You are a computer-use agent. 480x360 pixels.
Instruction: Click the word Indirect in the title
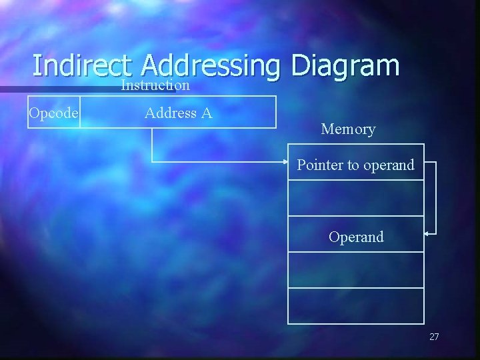coord(81,65)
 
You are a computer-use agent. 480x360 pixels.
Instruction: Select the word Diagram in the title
coord(345,67)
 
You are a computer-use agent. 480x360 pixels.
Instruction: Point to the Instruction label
coord(155,85)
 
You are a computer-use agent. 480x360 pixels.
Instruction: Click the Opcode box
coord(53,113)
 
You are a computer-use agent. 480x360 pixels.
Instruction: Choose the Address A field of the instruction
coord(178,113)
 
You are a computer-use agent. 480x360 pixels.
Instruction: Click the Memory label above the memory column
coord(348,129)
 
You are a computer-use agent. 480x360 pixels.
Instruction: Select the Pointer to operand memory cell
coord(355,164)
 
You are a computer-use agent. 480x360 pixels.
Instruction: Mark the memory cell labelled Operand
coord(356,236)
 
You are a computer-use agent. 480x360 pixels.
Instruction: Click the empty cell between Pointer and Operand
coord(355,198)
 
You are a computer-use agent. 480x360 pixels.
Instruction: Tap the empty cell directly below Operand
coord(355,269)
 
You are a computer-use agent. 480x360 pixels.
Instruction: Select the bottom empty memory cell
coord(355,305)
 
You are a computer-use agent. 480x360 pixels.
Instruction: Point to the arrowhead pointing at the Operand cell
coord(427,233)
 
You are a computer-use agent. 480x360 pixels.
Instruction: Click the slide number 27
coord(434,337)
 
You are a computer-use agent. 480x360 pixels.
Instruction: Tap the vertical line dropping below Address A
coord(153,144)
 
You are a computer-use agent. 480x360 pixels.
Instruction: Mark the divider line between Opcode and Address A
coord(80,113)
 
